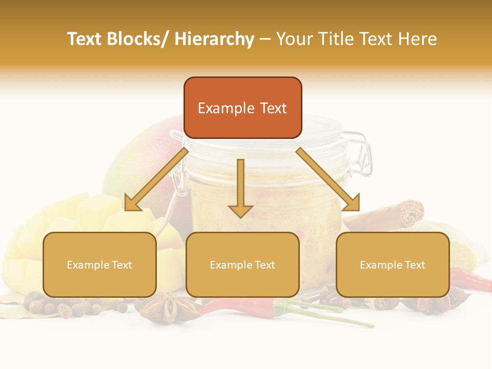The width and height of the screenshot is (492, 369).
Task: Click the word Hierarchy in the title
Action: click(x=214, y=39)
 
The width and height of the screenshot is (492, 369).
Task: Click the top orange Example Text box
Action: click(x=242, y=108)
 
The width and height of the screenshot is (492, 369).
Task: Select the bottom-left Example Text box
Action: click(x=99, y=265)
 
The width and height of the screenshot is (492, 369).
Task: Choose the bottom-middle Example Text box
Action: click(x=242, y=265)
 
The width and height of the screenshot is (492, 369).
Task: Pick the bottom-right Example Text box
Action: click(x=393, y=265)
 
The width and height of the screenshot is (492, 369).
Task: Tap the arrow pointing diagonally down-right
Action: click(x=328, y=179)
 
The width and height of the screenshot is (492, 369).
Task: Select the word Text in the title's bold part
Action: click(x=85, y=39)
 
